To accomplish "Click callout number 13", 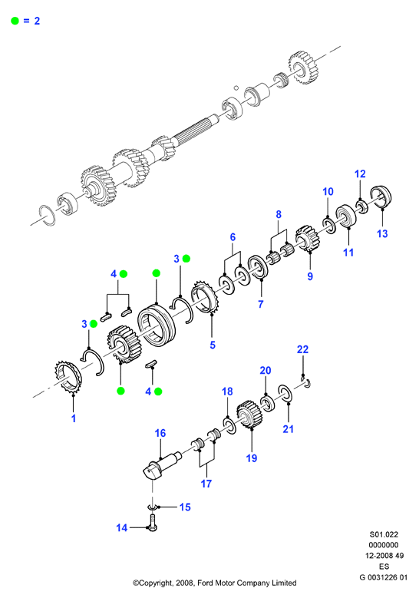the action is pyautogui.click(x=382, y=233).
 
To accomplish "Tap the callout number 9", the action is pyautogui.click(x=310, y=276).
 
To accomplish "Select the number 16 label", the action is pyautogui.click(x=160, y=433).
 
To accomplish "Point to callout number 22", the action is pyautogui.click(x=302, y=349).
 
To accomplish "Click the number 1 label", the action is pyautogui.click(x=74, y=418).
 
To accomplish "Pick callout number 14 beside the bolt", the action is pyautogui.click(x=121, y=528).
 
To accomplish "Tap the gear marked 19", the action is pyautogui.click(x=248, y=415).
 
